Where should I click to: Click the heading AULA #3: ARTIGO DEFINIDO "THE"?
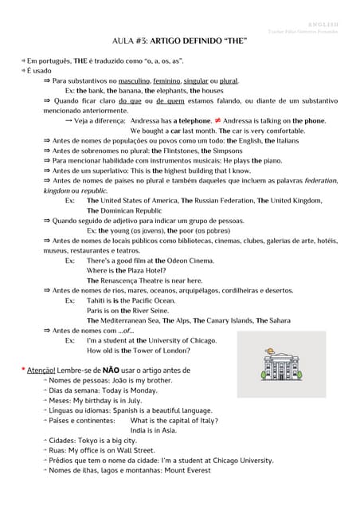click(x=178, y=41)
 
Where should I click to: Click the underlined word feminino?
click(x=166, y=81)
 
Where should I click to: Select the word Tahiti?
click(x=97, y=300)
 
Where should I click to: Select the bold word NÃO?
click(x=110, y=371)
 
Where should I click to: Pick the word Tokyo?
click(x=90, y=440)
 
